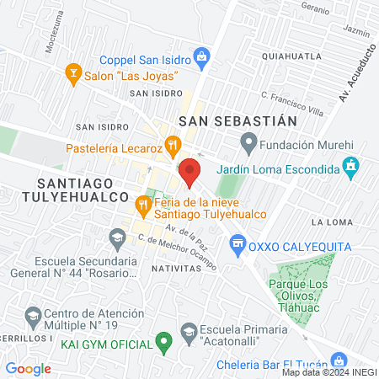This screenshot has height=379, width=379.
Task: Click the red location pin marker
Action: tap(190, 172)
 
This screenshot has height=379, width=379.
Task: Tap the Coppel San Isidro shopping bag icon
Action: tap(201, 57)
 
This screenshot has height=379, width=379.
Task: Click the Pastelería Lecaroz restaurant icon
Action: tap(173, 145)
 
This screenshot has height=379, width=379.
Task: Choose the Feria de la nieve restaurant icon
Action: tap(142, 204)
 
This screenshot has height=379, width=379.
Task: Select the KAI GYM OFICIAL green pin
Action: tap(165, 343)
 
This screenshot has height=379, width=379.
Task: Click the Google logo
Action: tap(29, 368)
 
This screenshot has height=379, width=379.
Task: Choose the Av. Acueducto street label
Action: tap(355, 77)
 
